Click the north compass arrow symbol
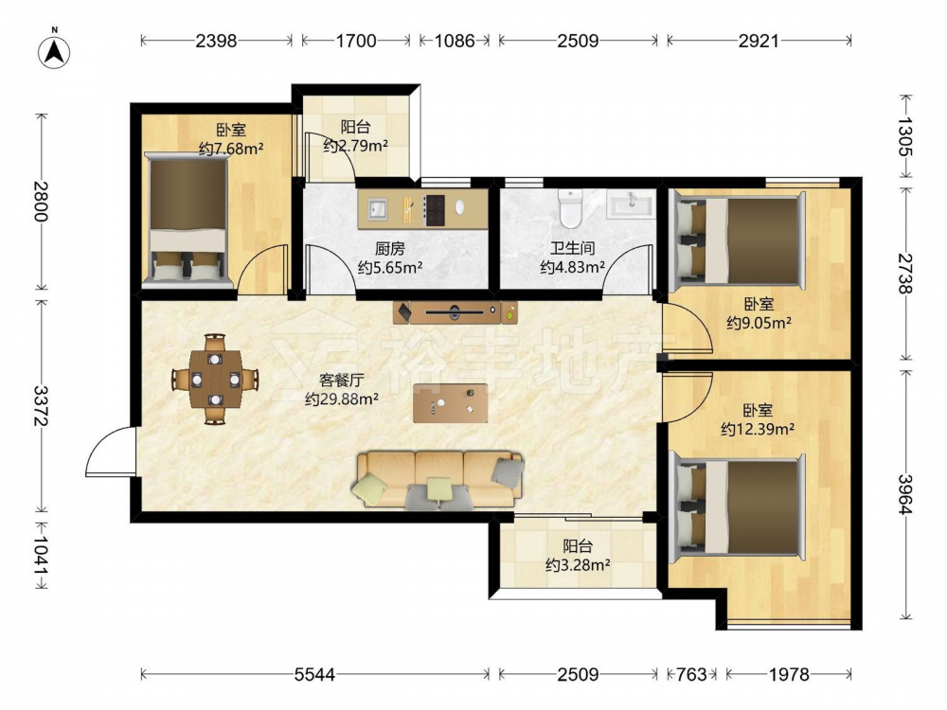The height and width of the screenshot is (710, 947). pyautogui.click(x=54, y=51)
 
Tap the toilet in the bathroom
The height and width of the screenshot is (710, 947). pyautogui.click(x=569, y=209)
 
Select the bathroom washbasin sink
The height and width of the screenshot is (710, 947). pyautogui.click(x=631, y=204)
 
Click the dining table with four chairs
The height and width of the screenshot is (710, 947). pyautogui.click(x=215, y=380)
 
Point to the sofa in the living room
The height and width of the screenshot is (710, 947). pyautogui.click(x=439, y=479)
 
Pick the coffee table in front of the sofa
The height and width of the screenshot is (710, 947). pyautogui.click(x=451, y=402)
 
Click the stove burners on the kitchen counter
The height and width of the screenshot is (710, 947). pyautogui.click(x=435, y=209)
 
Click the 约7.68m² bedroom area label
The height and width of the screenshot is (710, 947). pyautogui.click(x=231, y=148)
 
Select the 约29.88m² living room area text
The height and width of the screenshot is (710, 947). pyautogui.click(x=342, y=399)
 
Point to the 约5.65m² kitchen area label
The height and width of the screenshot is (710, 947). pyautogui.click(x=389, y=268)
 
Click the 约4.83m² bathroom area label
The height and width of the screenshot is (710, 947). pyautogui.click(x=573, y=267)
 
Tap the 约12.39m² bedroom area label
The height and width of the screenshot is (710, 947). pyautogui.click(x=758, y=429)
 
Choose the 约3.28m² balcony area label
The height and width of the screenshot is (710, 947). pyautogui.click(x=578, y=565)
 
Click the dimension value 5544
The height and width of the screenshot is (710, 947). pyautogui.click(x=314, y=674)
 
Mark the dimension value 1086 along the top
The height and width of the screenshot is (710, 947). pyautogui.click(x=455, y=41)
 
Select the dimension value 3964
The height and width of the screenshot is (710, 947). pyautogui.click(x=904, y=494)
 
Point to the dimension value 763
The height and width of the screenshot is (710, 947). pyautogui.click(x=691, y=674)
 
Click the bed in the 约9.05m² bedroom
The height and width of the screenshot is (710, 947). pyautogui.click(x=740, y=240)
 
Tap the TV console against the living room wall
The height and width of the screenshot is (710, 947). pyautogui.click(x=456, y=312)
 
